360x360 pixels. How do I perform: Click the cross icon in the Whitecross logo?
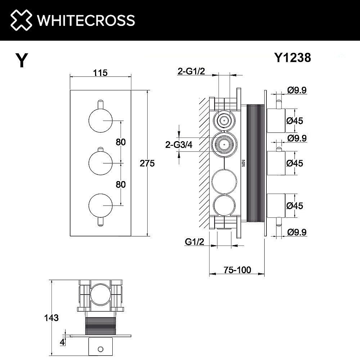pos(21,20)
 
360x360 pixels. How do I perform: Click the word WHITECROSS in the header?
pos(86,20)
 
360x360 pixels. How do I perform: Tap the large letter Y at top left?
pos(22,60)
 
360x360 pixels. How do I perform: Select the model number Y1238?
pos(293,58)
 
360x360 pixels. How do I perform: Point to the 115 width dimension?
pos(100,73)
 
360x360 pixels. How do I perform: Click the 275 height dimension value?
pos(147,163)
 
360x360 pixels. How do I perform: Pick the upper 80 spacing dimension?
pos(121,142)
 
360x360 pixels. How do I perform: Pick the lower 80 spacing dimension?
pos(121,184)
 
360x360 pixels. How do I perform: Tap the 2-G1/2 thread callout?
pos(191,71)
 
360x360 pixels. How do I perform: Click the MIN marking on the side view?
pos(244,163)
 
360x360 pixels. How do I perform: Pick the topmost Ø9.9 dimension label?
pos(297,90)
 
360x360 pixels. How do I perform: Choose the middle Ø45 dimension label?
pos(295,163)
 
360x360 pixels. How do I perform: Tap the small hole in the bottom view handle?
pos(100,348)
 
